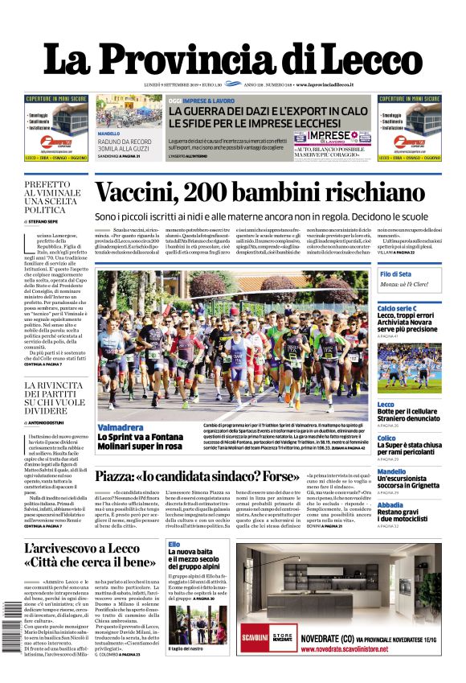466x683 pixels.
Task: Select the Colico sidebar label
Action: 386,438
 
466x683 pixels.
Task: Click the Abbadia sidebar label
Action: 390,504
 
